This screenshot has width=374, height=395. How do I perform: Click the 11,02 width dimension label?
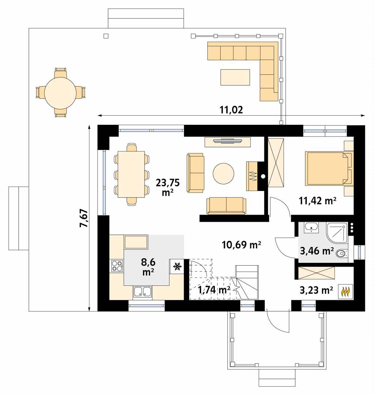(x=231, y=109)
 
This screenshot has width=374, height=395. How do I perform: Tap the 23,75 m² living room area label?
(x=167, y=187)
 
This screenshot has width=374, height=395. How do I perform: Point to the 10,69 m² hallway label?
(x=241, y=245)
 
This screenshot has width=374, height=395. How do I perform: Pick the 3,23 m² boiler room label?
(x=316, y=290)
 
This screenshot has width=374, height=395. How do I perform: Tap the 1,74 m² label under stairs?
(x=214, y=290)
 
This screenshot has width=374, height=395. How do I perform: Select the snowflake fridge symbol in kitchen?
(x=177, y=266)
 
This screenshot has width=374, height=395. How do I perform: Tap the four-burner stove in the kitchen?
(x=117, y=266)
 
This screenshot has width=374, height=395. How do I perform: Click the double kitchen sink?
(x=143, y=291)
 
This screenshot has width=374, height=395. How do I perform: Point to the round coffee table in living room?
(x=224, y=173)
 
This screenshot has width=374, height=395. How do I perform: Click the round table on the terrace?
(x=60, y=92)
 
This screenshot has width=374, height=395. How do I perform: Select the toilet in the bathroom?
(x=341, y=253)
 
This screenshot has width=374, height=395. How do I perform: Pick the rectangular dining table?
(x=132, y=174)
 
